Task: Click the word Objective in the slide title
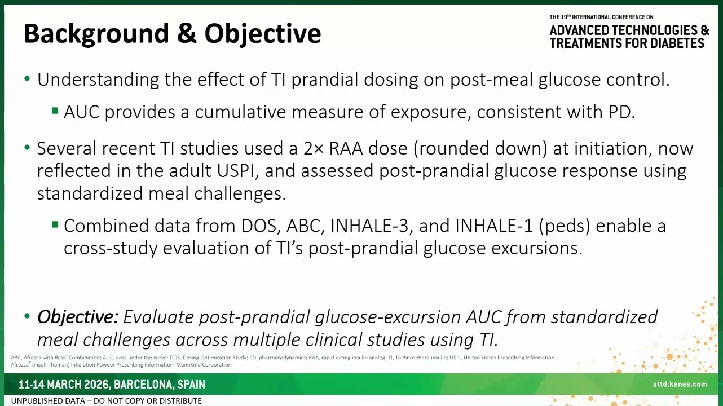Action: [263, 34]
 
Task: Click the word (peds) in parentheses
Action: [564, 226]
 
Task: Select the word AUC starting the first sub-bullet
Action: [81, 112]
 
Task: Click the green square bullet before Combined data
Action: [55, 224]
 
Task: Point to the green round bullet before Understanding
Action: [27, 78]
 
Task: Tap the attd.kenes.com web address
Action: [680, 384]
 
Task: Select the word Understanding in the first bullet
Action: [98, 80]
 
